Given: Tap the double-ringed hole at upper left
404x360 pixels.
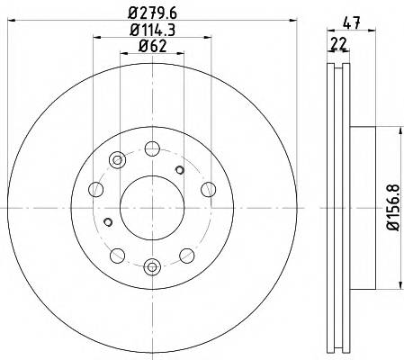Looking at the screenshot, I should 116,161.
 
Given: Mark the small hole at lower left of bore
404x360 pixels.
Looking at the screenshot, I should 108,221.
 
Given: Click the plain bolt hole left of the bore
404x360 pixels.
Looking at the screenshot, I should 95,188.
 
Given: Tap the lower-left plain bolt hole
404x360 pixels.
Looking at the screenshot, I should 117,253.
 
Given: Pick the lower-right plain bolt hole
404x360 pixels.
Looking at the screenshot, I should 186,253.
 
